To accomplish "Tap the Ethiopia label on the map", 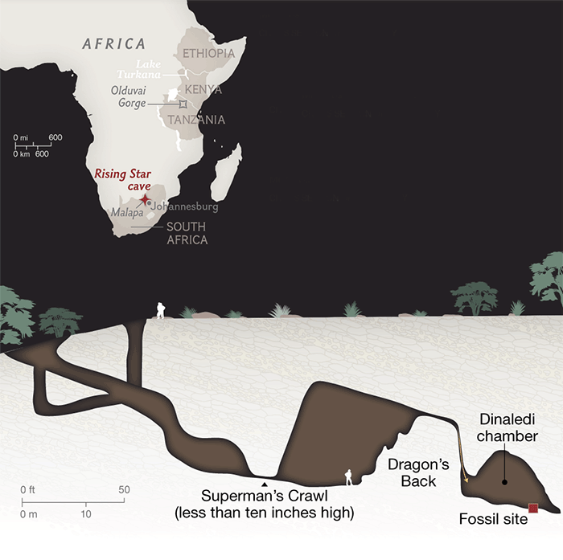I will [208, 54].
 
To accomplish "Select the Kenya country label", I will [203, 89].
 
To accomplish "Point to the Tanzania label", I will [196, 120].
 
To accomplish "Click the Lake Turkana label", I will [150, 68].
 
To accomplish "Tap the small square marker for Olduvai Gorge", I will [183, 104].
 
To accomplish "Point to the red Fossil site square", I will [532, 507].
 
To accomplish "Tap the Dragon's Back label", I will [412, 472].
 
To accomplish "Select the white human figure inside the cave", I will [348, 477].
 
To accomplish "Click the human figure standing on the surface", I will [160, 310].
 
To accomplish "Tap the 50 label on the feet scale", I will [124, 489].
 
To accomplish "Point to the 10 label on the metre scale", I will [86, 513].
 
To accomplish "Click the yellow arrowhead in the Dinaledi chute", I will [464, 480].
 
